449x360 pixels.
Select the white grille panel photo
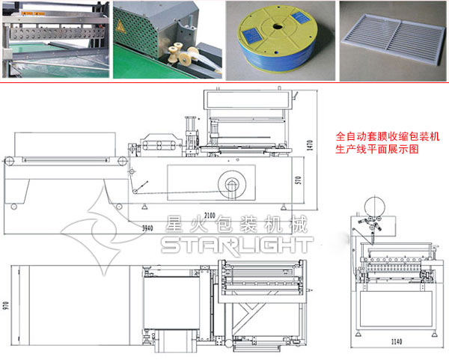[393, 40]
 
